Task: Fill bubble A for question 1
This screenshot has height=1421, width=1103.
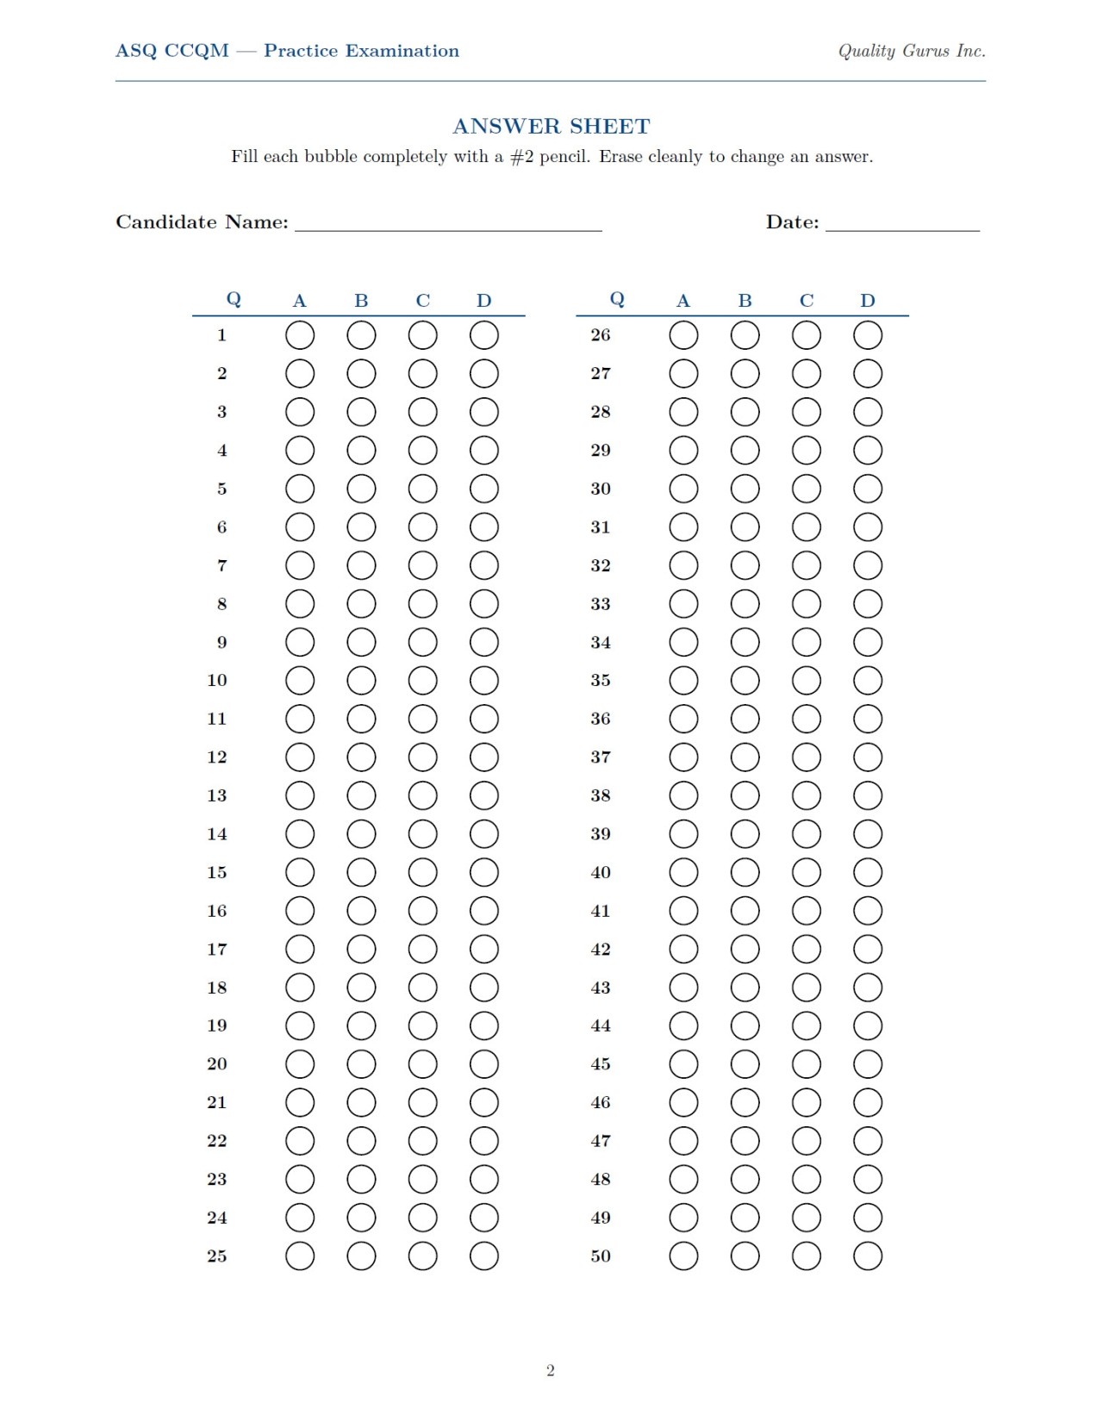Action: click(300, 335)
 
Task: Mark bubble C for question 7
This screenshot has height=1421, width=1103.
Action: click(422, 565)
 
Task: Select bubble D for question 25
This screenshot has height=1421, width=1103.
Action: click(484, 1256)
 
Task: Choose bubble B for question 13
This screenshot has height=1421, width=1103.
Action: click(361, 795)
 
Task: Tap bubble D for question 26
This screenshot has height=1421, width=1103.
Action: click(868, 335)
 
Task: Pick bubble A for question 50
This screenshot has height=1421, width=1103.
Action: click(683, 1256)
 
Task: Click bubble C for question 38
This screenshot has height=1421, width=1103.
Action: click(807, 795)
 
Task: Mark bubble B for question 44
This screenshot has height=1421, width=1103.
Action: click(745, 1025)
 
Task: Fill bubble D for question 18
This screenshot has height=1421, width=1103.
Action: click(484, 988)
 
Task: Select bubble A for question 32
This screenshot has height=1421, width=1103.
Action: click(683, 565)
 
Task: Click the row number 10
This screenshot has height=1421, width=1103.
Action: click(217, 681)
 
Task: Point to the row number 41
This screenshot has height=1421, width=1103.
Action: click(601, 911)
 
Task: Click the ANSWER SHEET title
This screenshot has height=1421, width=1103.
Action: click(551, 127)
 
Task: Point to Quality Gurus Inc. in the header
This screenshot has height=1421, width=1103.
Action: click(912, 51)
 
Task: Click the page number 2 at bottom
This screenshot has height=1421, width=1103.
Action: click(551, 1370)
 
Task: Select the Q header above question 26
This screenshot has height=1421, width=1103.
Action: click(617, 299)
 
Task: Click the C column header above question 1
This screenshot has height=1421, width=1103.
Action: click(422, 301)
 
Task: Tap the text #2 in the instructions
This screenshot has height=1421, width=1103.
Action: click(522, 157)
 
